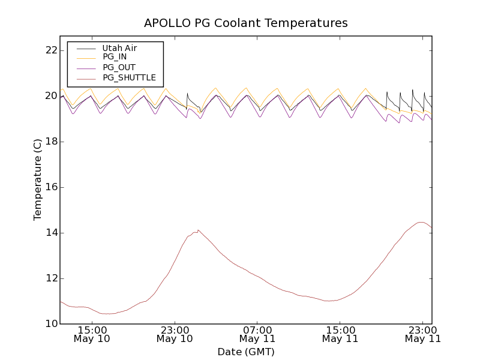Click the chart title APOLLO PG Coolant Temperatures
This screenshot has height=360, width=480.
(x=245, y=23)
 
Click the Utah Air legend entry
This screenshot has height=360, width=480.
(x=119, y=48)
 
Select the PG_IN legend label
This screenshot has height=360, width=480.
(x=115, y=56)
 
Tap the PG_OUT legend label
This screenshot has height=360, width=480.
(x=119, y=67)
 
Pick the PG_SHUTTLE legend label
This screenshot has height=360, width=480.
(x=129, y=77)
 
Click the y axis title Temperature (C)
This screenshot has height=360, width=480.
(x=38, y=179)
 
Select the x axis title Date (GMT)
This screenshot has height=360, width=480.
(x=245, y=352)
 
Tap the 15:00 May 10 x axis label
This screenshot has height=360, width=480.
(x=92, y=334)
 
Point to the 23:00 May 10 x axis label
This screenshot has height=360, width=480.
(x=175, y=334)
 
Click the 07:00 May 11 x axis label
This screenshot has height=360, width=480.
(x=257, y=334)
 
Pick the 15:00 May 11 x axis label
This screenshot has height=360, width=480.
(x=340, y=334)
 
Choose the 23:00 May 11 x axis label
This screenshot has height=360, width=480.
(x=423, y=334)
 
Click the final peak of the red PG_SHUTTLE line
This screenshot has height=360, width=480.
(x=422, y=222)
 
